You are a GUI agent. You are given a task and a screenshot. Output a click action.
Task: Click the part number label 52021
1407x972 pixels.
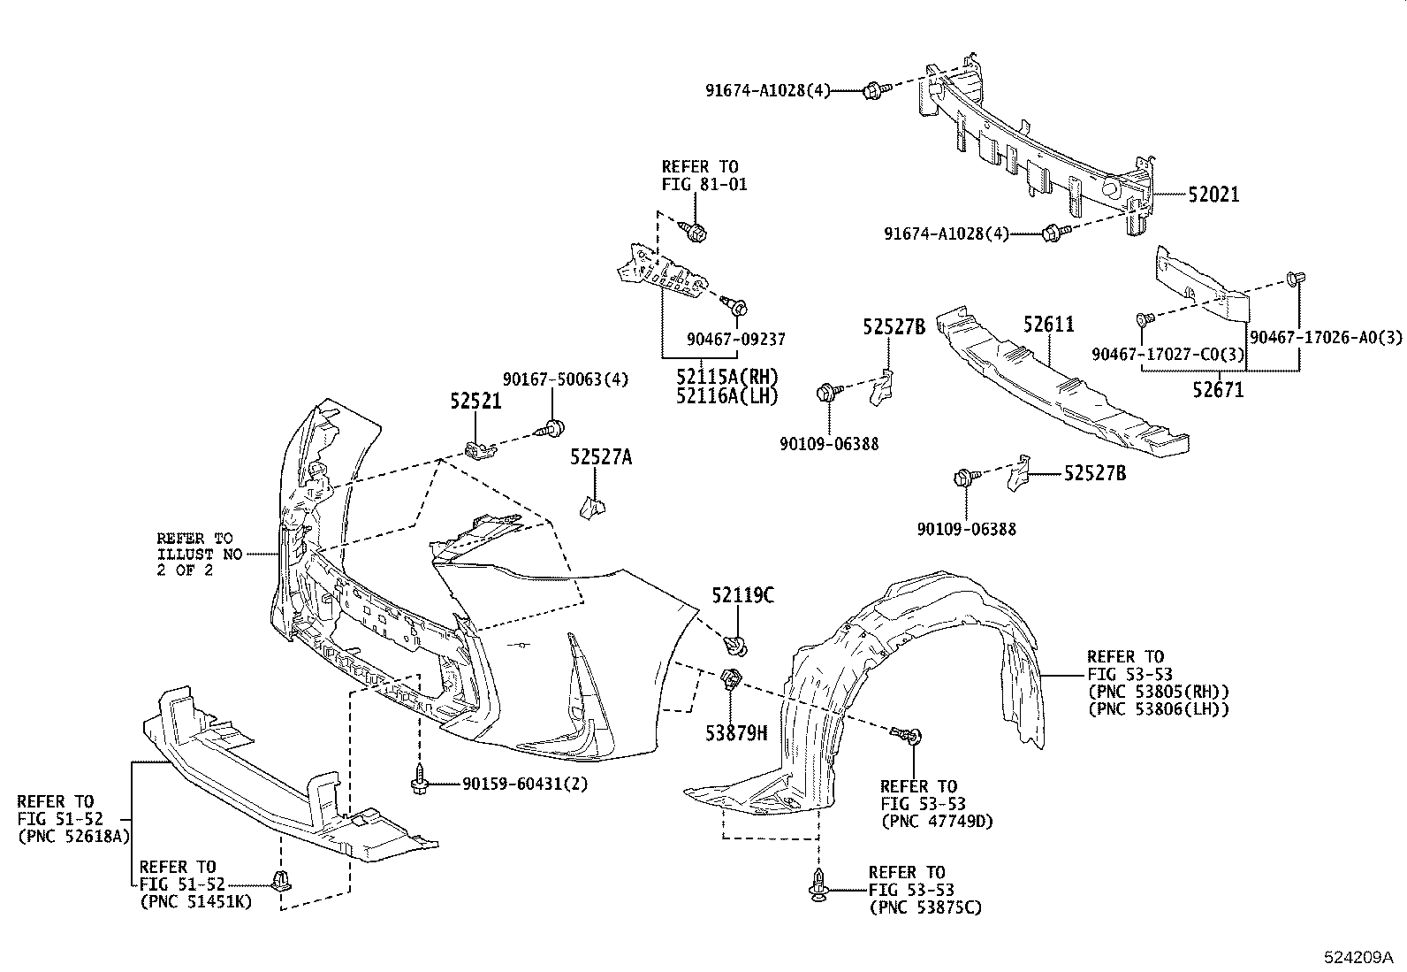1213,195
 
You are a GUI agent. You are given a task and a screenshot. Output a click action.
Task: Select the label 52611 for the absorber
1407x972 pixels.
1049,325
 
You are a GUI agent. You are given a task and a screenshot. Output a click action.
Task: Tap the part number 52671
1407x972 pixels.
1218,389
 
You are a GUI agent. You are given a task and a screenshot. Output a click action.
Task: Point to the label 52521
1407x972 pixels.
475,401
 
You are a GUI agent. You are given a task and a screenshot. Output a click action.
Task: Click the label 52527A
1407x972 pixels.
601,457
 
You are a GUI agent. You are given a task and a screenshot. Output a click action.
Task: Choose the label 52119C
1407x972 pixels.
743,596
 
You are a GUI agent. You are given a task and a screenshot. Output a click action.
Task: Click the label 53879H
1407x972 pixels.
736,732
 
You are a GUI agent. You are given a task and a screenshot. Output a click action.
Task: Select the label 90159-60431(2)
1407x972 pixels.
524,784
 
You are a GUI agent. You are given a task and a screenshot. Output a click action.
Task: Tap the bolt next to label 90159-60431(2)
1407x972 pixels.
419,781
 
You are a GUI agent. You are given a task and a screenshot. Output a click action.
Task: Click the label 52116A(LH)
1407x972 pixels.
726,396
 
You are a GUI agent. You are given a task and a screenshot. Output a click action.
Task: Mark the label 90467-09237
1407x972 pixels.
735,339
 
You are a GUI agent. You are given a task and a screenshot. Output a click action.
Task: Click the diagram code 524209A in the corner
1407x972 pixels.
1358,957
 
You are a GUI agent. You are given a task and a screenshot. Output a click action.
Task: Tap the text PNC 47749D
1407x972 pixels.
937,821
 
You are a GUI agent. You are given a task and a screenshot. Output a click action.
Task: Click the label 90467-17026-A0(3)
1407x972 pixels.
1326,338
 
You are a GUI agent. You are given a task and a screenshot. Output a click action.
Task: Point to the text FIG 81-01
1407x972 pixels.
704,185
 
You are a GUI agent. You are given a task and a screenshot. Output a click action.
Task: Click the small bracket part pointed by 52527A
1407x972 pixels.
590,508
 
